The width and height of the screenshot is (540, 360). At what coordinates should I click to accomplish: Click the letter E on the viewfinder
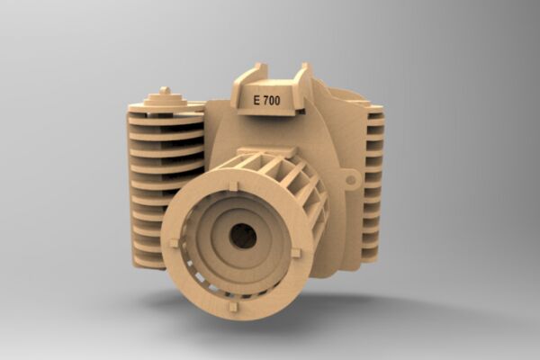[x=256, y=101]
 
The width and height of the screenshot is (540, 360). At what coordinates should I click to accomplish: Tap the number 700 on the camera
[x=272, y=100]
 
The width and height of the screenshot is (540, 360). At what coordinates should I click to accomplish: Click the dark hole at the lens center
[x=243, y=236]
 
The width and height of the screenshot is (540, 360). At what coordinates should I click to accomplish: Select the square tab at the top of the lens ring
[x=233, y=186]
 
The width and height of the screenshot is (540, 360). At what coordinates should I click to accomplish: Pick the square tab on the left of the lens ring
[x=174, y=243]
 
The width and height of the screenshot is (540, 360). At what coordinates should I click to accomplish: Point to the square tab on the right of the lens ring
[x=296, y=253]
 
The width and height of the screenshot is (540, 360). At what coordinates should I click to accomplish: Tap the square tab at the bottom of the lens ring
[x=233, y=307]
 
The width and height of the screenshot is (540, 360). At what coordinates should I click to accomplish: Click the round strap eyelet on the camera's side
[x=351, y=180]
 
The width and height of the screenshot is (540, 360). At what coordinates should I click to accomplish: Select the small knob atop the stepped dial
[x=166, y=91]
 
